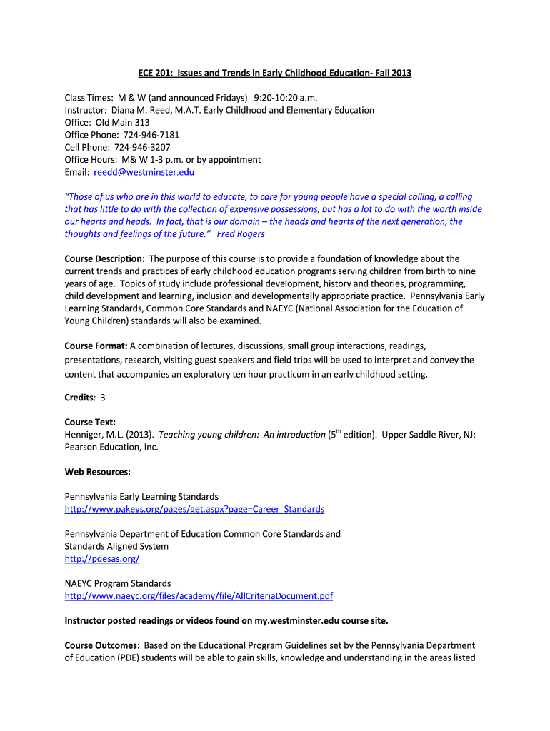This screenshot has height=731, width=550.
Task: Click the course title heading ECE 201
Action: click(274, 73)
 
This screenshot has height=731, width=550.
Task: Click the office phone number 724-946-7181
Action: click(152, 135)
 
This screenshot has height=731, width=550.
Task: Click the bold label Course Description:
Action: click(105, 258)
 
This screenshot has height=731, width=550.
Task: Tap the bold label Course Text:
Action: click(90, 422)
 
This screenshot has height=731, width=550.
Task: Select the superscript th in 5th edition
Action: click(339, 431)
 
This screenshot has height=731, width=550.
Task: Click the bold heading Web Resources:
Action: click(98, 472)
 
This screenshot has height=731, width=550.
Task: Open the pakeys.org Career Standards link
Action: click(194, 509)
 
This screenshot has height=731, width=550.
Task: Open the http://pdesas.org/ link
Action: click(102, 559)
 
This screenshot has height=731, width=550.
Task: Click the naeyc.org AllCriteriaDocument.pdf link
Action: click(199, 596)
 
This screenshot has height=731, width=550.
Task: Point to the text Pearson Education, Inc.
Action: click(111, 447)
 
